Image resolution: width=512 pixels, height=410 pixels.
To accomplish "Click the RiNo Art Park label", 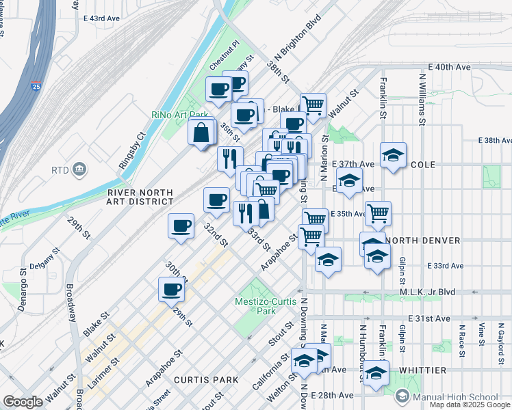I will click(179, 115).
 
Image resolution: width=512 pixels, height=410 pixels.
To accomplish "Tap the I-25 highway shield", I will click(36, 87).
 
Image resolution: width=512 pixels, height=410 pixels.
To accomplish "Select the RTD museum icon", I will click(80, 169).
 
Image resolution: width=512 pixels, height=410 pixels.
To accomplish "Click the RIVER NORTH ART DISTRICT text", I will click(140, 197).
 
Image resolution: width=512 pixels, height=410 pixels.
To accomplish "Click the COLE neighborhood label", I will click(424, 165).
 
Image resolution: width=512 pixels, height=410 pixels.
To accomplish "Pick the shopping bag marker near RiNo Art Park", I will click(203, 132).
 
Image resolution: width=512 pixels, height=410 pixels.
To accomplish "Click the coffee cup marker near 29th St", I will click(171, 288).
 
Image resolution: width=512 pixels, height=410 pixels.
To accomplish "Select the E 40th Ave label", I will click(450, 67).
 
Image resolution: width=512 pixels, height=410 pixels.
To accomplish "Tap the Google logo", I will click(23, 402).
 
